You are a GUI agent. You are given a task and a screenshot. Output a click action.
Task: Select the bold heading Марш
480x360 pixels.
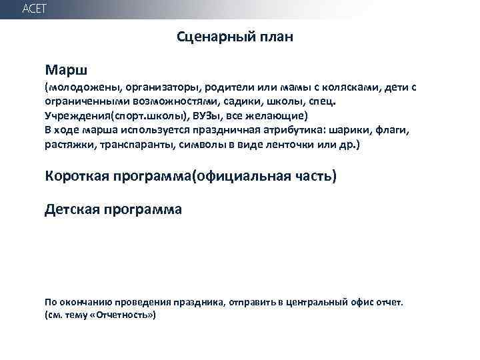[67, 69]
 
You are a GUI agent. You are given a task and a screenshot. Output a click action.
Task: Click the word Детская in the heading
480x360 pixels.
[71, 210]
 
